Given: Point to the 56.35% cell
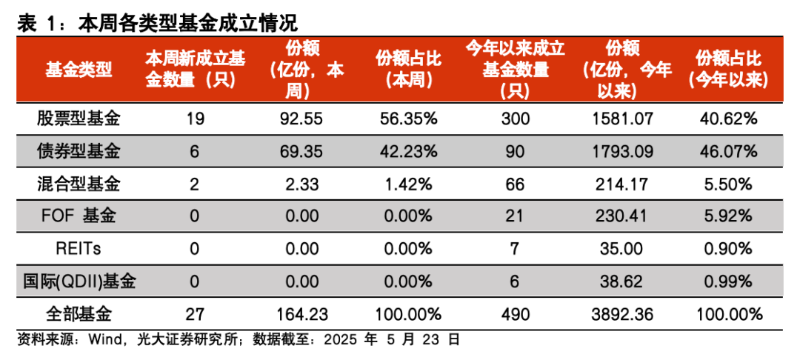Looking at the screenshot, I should click(404, 119).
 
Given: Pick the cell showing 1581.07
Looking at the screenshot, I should click(622, 119).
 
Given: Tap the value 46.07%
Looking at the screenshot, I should click(727, 152).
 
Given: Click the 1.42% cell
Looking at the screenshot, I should click(404, 184).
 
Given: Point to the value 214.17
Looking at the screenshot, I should click(622, 184).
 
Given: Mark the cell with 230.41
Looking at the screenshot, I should click(622, 216).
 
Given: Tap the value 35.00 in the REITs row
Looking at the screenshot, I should click(622, 249).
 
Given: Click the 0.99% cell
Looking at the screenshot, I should click(727, 281).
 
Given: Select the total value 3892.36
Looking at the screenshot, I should click(622, 314).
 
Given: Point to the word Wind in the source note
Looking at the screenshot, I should click(105, 340).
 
